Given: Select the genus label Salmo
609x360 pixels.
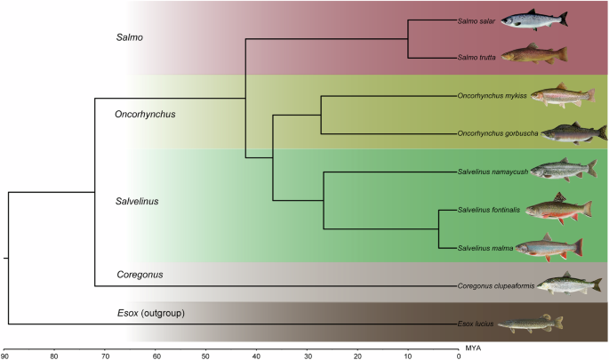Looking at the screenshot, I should coord(131,38).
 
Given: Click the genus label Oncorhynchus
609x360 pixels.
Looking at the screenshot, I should coord(146,114).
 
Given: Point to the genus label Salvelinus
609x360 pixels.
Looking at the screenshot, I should coord(137,201).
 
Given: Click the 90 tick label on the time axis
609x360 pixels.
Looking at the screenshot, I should coord(4,356).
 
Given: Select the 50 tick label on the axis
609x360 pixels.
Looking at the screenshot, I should coord(206,356).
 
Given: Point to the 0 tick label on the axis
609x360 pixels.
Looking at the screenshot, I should coord(459,356).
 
